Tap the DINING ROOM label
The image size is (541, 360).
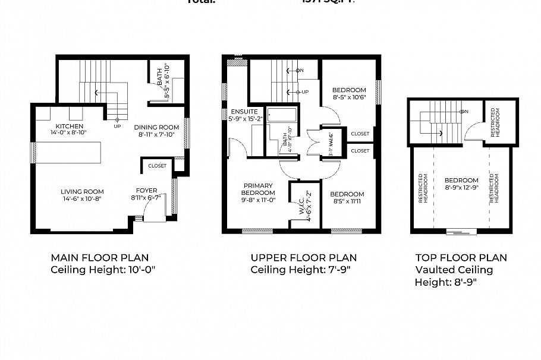[x=156, y=127]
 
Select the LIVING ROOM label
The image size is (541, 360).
[x=82, y=191]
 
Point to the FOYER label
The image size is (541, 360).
[x=147, y=191]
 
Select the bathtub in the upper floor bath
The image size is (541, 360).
[x=283, y=114]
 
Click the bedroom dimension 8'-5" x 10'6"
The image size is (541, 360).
[x=348, y=99]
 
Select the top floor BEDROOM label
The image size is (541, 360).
[x=461, y=180]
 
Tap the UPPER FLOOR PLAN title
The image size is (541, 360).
[x=303, y=258]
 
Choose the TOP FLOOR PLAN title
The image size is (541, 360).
[x=461, y=258]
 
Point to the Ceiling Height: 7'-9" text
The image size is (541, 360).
[x=294, y=270]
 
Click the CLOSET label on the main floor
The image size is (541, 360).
[x=158, y=166]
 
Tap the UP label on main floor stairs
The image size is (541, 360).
[x=117, y=127]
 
